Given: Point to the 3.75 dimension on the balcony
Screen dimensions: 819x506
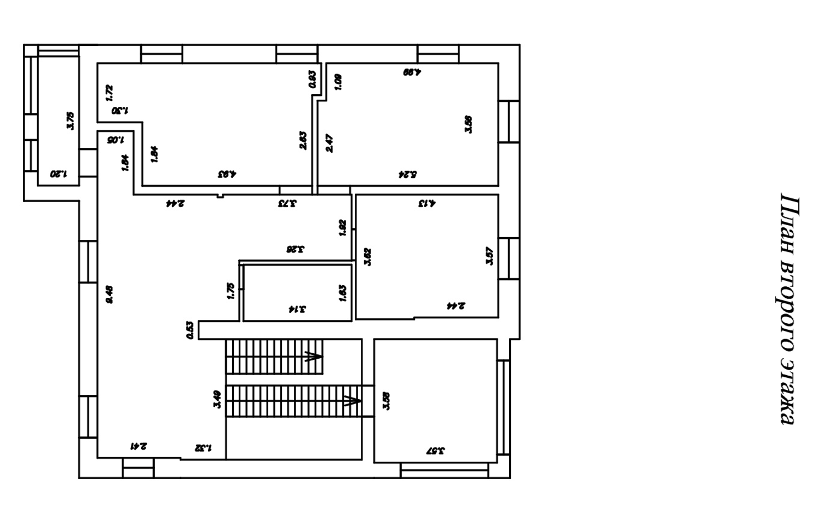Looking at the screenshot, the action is point(70,120).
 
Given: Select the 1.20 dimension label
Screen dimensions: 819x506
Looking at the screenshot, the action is point(58,175).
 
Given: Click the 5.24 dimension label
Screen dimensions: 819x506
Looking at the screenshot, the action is point(407,175).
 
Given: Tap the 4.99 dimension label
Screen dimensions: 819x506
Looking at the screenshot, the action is point(412,72).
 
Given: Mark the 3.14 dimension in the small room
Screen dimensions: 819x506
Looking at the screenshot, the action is point(297,309).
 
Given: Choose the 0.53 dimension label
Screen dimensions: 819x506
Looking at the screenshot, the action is point(190,330).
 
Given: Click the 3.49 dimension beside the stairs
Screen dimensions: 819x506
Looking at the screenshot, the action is point(217,399).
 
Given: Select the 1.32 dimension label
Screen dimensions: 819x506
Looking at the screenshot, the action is point(203,447).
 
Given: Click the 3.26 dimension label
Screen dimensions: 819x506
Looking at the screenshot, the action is point(295,250).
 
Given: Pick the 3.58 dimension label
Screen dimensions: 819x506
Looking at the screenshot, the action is point(387,400).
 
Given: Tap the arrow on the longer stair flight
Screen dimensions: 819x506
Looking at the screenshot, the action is point(351,401).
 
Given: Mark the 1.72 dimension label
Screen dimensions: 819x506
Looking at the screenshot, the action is point(109,93).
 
